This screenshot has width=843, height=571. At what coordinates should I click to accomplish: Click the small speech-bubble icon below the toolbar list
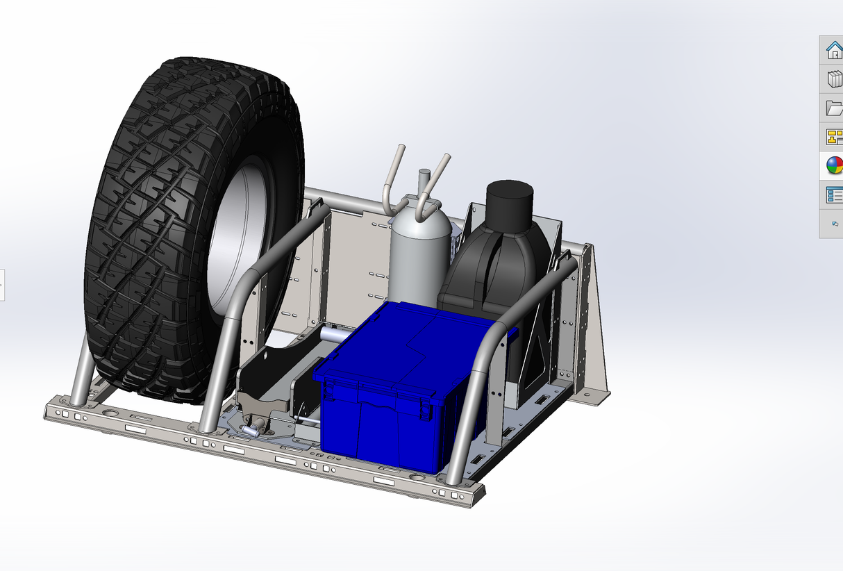pos(835,224)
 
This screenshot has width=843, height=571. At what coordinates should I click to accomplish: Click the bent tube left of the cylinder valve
pos(394,177)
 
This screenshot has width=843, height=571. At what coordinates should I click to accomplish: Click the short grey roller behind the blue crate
pos(333,335)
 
